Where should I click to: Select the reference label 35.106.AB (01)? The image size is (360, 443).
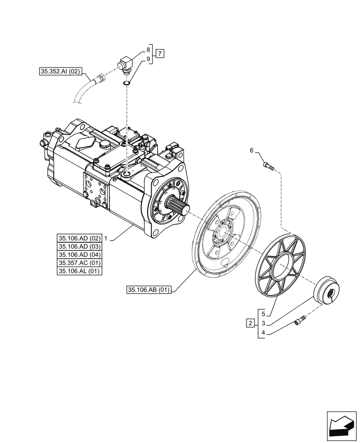[149, 290]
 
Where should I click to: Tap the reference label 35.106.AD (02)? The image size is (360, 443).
[79, 237]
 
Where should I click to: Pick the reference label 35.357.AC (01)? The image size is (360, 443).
[79, 263]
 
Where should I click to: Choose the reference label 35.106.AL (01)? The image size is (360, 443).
[79, 272]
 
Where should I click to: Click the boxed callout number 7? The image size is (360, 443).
[160, 54]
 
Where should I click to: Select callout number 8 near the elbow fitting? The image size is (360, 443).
[149, 50]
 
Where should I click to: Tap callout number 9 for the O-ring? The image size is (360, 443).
[149, 58]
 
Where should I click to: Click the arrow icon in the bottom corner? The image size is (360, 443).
[341, 427]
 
